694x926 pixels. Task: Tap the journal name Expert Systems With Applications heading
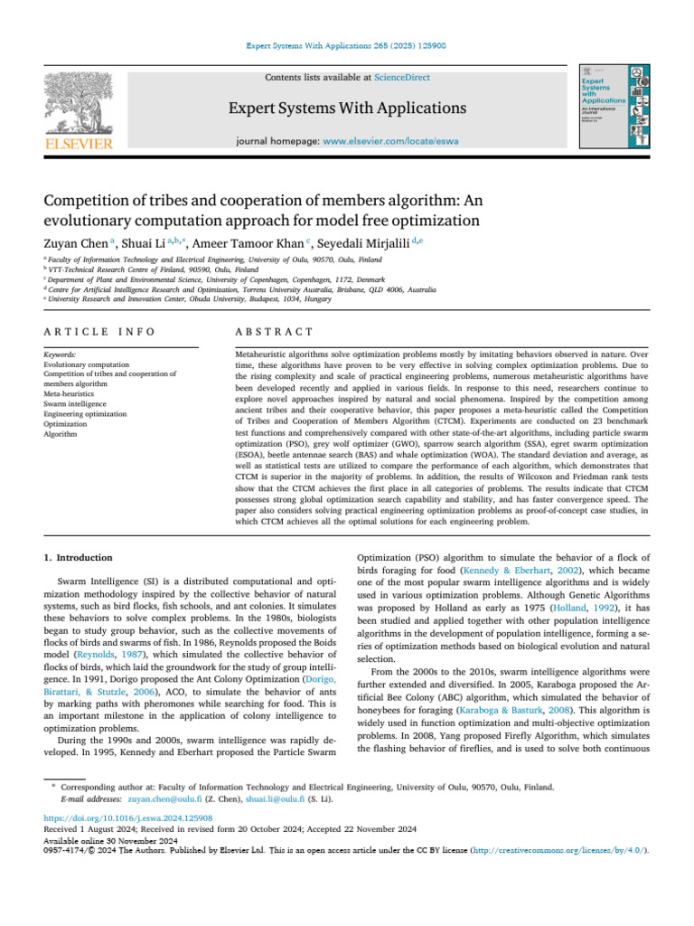point(347,109)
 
